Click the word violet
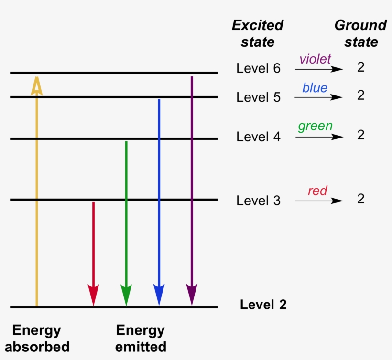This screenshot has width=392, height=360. click(x=315, y=59)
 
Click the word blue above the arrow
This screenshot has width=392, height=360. click(x=315, y=88)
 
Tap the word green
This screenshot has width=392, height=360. click(x=315, y=126)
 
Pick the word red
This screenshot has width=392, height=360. click(x=317, y=191)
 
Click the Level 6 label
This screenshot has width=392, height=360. click(x=258, y=68)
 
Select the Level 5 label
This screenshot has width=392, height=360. click(x=258, y=97)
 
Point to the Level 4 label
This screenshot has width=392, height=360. click(x=258, y=137)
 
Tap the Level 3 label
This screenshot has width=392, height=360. click(x=258, y=201)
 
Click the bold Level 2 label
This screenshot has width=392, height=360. click(x=263, y=305)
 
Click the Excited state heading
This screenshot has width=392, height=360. click(x=258, y=33)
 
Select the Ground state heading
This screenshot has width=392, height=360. click(x=360, y=33)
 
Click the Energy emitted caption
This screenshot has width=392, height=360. click(x=141, y=338)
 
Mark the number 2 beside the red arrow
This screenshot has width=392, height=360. click(x=361, y=199)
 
